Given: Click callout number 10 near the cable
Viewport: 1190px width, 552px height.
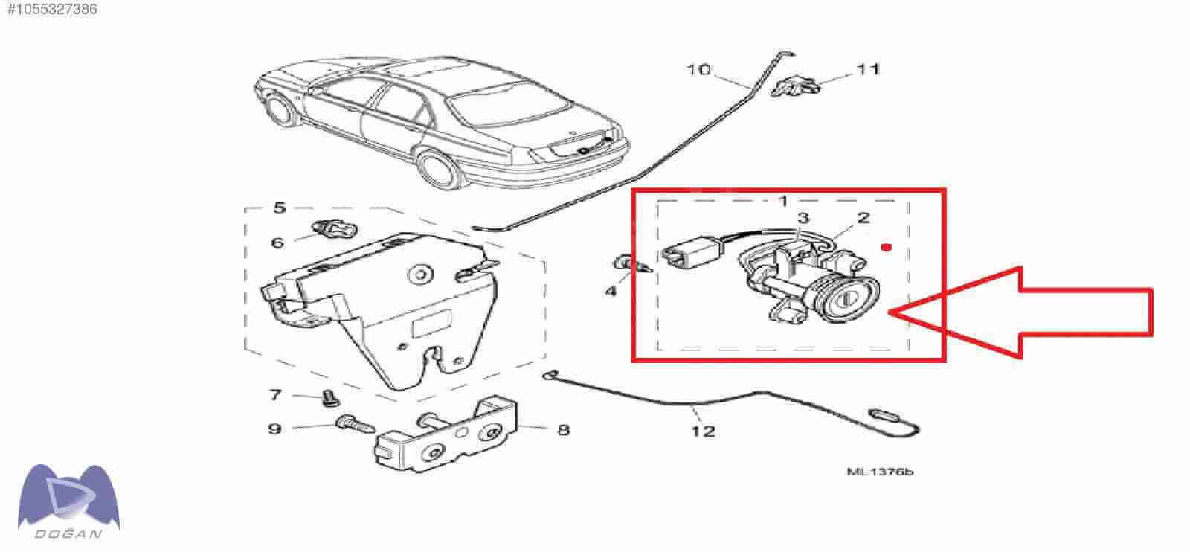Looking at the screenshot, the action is pos(698,70).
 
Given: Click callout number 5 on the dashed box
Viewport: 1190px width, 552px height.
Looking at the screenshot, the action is pos(280,208).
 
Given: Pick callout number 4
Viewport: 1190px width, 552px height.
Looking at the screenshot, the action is pos(611,291).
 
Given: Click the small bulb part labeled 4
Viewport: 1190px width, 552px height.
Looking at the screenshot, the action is pos(631,264).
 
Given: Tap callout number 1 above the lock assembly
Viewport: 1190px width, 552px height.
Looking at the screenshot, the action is pos(783,202).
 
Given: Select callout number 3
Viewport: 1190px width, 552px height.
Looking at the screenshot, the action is pos(803,217).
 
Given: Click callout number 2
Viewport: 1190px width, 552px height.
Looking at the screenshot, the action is pos(863,217).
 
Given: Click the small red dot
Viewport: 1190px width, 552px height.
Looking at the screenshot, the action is pos(886,247).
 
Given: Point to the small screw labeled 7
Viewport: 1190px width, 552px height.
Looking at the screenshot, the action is pos(330,399).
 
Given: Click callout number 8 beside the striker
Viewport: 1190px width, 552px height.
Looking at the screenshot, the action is pos(563,430).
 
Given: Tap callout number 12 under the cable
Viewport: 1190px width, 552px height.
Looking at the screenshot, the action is pos(702,431).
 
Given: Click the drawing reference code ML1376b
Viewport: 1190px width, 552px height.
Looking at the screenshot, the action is pos(880,472).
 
